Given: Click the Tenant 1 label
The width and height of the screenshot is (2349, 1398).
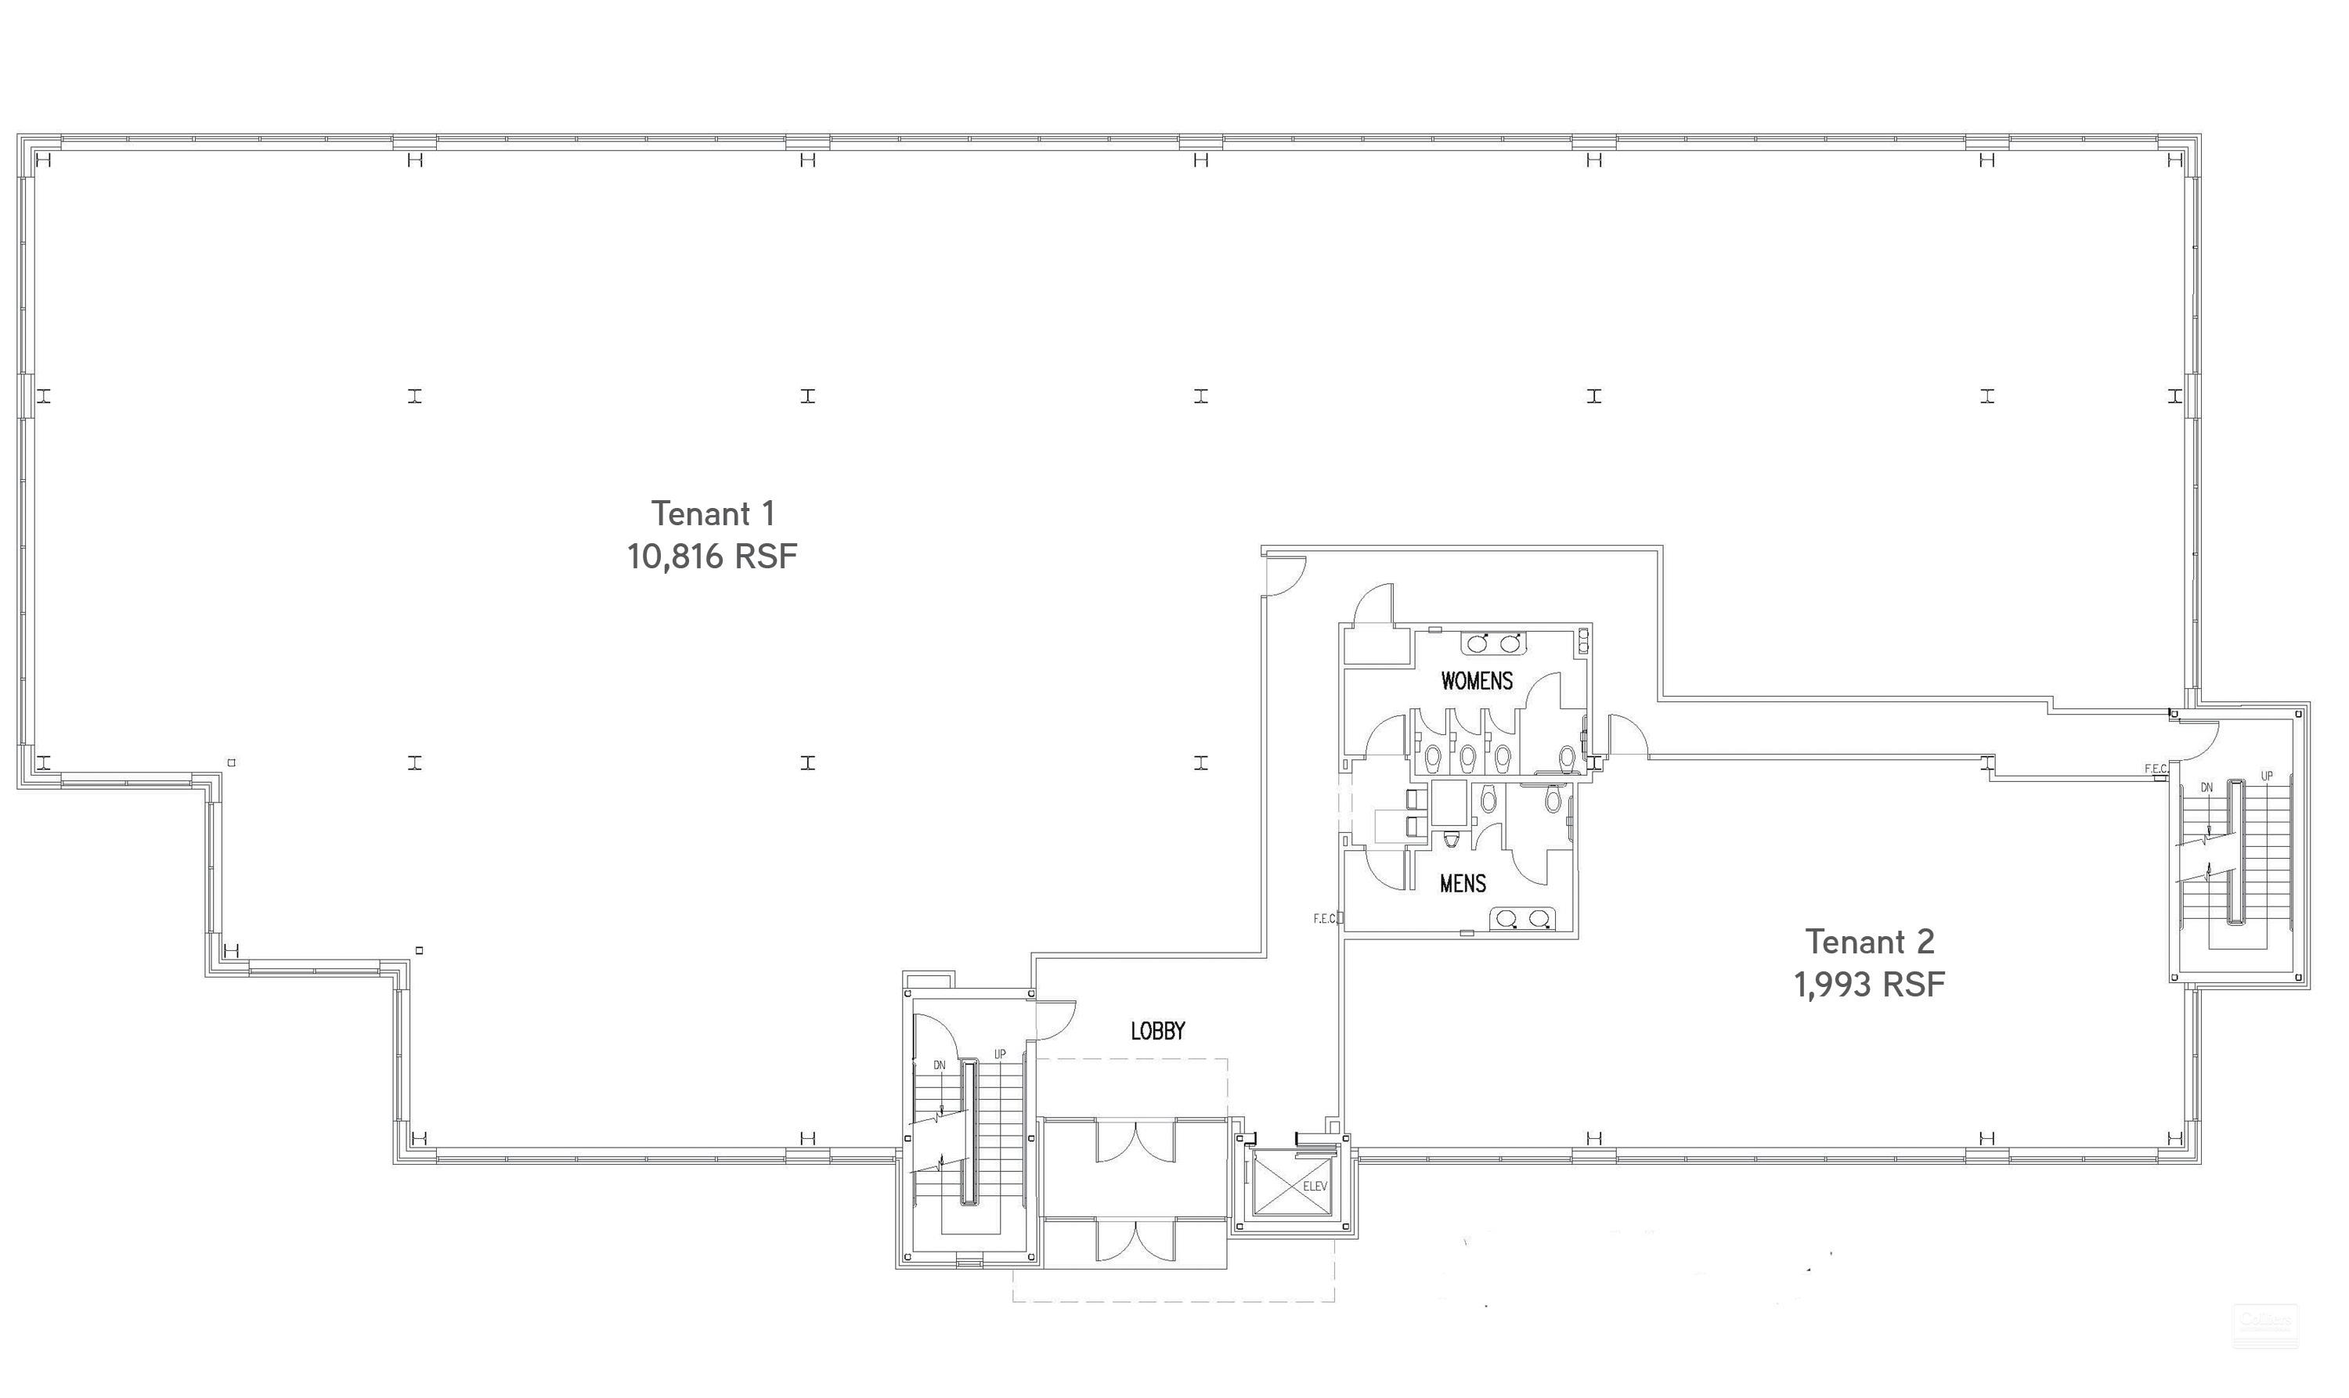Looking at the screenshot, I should point(713,513).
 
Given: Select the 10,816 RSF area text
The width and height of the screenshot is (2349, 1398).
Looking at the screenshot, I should point(713,557).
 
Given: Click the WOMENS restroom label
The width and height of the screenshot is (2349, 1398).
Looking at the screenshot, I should point(1477,680).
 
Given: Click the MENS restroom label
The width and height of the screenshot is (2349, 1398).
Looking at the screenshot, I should point(1463,883).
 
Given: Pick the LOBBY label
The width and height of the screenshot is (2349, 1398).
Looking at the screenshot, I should point(1157,1031).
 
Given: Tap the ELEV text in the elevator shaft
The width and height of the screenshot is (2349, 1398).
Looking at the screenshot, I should point(1315,1186).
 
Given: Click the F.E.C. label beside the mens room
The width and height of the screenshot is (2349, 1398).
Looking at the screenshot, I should point(1325,918).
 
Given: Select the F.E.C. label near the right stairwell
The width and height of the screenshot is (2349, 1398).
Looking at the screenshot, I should point(2156,769).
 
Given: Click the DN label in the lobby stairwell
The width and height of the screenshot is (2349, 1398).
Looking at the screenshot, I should point(939,1065).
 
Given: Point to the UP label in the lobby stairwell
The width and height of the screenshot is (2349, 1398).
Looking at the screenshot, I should point(1000,1054).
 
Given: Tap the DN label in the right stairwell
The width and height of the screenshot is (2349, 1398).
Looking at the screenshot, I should point(2206,787).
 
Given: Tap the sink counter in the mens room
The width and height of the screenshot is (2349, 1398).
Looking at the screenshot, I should point(1523,917).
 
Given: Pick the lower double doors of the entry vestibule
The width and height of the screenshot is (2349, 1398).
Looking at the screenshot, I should point(1135,1241).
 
